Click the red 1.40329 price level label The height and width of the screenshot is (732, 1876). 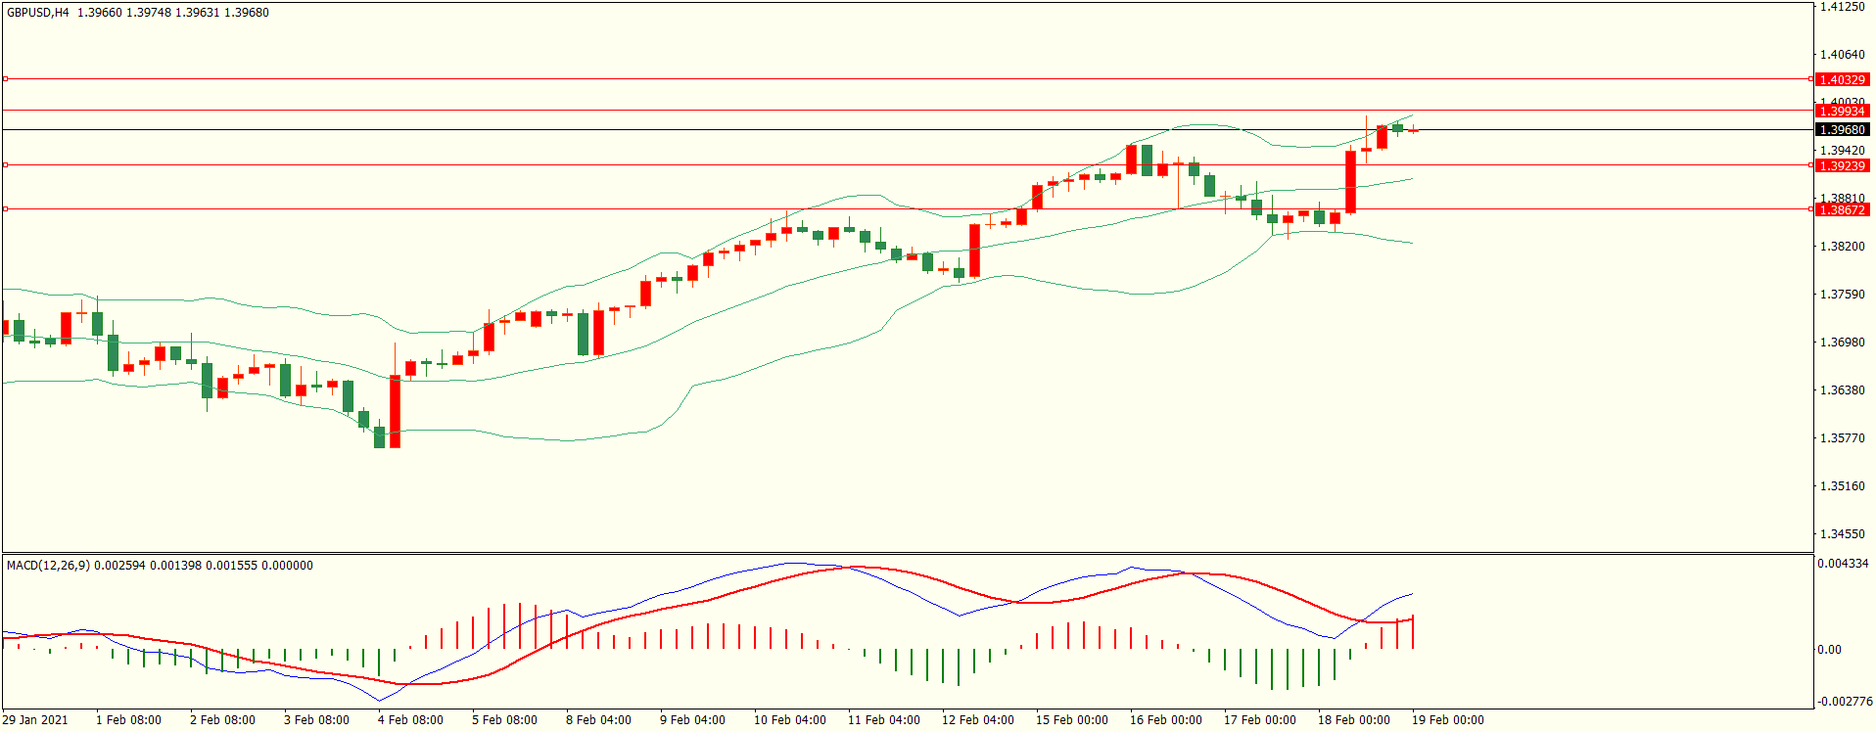pyautogui.click(x=1841, y=79)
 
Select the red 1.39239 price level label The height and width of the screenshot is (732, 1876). pyautogui.click(x=1841, y=165)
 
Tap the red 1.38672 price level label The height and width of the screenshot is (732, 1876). pyautogui.click(x=1841, y=209)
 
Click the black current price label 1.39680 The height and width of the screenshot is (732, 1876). pyautogui.click(x=1841, y=129)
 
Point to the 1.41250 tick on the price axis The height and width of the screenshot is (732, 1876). pyautogui.click(x=1842, y=7)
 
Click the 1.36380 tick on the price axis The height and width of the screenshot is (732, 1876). pyautogui.click(x=1842, y=390)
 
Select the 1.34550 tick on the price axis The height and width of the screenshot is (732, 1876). pyautogui.click(x=1842, y=534)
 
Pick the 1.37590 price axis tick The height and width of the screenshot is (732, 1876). pyautogui.click(x=1842, y=295)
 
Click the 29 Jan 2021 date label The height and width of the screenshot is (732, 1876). pyautogui.click(x=35, y=720)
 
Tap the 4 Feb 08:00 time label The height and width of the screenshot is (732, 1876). pyautogui.click(x=410, y=720)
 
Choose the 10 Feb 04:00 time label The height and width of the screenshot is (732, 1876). pyautogui.click(x=789, y=720)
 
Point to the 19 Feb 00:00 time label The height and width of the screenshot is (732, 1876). pyautogui.click(x=1447, y=720)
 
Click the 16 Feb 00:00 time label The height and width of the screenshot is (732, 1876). pyautogui.click(x=1165, y=720)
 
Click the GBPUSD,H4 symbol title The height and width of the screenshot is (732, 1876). pyautogui.click(x=38, y=13)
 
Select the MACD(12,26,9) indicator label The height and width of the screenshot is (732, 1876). pyautogui.click(x=48, y=566)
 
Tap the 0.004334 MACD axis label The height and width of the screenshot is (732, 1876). pyautogui.click(x=1843, y=564)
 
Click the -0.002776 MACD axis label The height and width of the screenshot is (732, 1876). pyautogui.click(x=1845, y=702)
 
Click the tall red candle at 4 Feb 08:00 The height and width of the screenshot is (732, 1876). pyautogui.click(x=396, y=411)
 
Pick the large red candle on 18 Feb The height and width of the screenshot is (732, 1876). pyautogui.click(x=1351, y=182)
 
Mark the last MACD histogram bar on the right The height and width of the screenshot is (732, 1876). pyautogui.click(x=1413, y=632)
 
